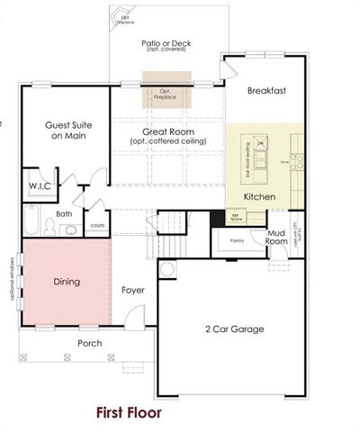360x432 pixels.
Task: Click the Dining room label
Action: click(x=66, y=282)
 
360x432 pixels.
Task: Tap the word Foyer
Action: click(x=133, y=290)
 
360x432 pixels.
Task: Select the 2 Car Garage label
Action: click(x=233, y=329)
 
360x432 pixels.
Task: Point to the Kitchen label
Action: click(x=260, y=196)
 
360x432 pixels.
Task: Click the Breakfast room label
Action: click(x=266, y=91)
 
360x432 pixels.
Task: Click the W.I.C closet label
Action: click(x=39, y=186)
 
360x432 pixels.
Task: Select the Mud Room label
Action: click(x=276, y=237)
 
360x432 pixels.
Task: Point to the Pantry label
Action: click(x=238, y=240)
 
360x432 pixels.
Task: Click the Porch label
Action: click(x=89, y=343)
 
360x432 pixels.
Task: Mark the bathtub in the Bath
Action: click(x=30, y=222)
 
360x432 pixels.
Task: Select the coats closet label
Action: click(x=96, y=226)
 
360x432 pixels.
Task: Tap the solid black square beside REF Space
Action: click(x=216, y=216)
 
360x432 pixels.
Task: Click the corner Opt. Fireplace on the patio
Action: click(x=121, y=19)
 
